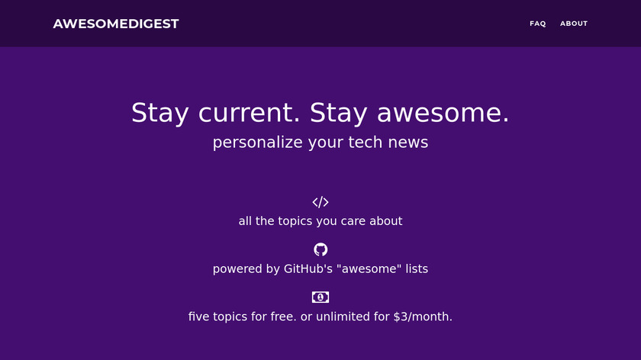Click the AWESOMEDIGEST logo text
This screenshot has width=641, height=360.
(116, 24)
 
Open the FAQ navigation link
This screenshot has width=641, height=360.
(537, 24)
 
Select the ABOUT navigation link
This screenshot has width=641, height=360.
(574, 24)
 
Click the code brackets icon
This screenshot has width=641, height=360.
(320, 202)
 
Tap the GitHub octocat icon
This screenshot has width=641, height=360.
(320, 249)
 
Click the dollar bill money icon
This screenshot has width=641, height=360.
(320, 297)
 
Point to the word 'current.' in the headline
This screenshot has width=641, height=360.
(250, 113)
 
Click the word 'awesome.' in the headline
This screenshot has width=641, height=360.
(443, 113)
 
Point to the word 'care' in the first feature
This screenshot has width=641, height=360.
(353, 221)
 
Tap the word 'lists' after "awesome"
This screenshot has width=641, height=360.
(417, 269)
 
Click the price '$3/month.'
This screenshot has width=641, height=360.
(423, 317)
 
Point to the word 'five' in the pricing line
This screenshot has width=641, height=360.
(197, 317)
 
